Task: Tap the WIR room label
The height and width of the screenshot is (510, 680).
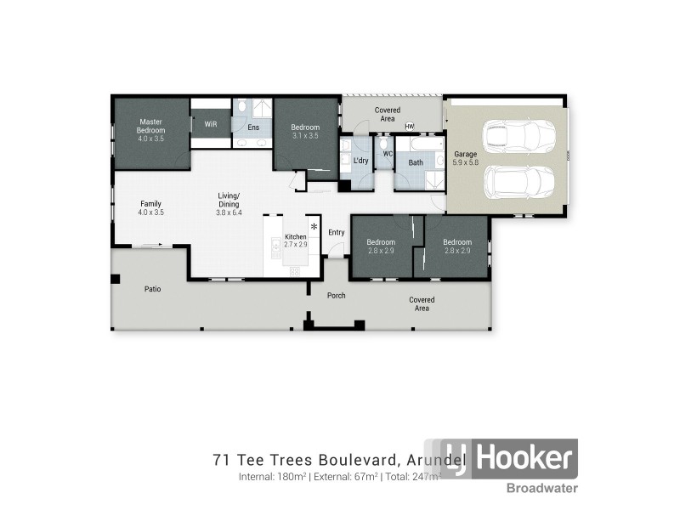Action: (x=209, y=124)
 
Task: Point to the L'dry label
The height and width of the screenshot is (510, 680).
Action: (x=360, y=161)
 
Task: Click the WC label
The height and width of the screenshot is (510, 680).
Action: (x=387, y=154)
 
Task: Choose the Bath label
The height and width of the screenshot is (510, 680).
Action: (x=416, y=162)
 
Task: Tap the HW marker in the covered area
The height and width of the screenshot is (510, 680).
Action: (x=409, y=127)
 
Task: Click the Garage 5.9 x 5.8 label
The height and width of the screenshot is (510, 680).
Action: (x=465, y=158)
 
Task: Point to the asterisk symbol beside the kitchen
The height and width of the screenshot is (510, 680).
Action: (x=314, y=227)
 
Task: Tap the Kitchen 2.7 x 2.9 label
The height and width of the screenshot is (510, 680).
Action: (x=295, y=241)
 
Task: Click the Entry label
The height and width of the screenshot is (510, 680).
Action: (x=337, y=232)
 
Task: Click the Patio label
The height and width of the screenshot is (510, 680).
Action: (x=152, y=289)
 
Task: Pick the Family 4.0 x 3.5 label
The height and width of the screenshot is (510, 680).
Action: (x=151, y=208)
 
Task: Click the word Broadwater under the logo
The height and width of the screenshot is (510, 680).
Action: (x=543, y=488)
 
